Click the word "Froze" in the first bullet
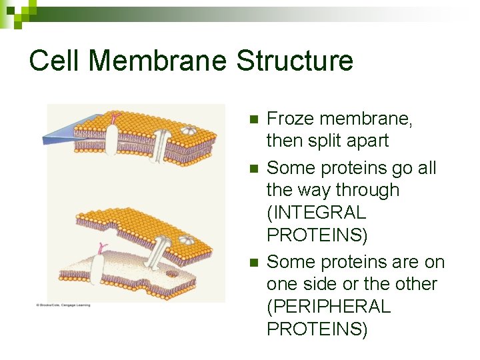[289, 119]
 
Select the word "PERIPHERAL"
[328, 307]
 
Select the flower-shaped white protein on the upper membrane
[189, 131]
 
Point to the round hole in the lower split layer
[172, 273]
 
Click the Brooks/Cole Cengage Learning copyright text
[63, 305]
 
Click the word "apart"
[367, 141]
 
